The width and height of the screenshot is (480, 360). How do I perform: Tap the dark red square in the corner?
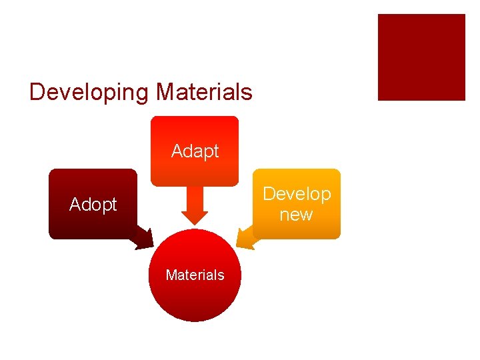click(x=421, y=57)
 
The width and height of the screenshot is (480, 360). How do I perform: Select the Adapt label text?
click(x=195, y=151)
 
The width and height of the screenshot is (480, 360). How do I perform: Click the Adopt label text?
click(x=93, y=205)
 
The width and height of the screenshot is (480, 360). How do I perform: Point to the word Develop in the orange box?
click(x=297, y=194)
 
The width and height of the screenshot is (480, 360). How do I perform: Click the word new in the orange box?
click(x=296, y=214)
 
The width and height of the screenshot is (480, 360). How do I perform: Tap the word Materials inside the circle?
click(x=195, y=275)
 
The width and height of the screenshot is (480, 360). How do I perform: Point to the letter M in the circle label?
click(x=171, y=275)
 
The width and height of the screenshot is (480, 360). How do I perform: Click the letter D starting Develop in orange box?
click(x=268, y=194)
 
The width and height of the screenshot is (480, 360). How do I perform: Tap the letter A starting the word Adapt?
click(x=177, y=151)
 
